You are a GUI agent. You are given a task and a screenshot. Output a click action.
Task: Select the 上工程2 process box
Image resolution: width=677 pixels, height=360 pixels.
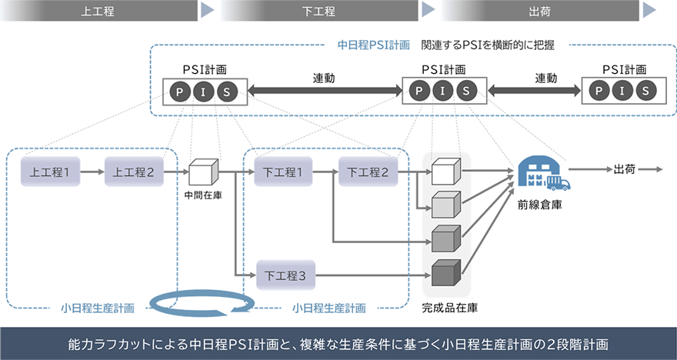point(135,172)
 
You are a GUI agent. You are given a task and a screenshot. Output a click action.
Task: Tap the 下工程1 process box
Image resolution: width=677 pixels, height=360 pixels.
point(282,172)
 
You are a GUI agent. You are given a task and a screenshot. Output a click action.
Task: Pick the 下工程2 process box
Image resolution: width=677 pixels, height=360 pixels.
point(368,172)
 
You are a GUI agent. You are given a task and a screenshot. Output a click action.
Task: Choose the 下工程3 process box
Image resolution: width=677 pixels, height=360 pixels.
point(286,273)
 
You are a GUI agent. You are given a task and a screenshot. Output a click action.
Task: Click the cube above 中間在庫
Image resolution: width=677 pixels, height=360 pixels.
point(203,172)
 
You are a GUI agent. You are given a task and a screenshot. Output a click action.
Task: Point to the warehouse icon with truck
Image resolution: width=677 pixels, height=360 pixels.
point(544,175)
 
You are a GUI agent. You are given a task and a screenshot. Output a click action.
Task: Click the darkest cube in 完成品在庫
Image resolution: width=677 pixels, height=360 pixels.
point(445,273)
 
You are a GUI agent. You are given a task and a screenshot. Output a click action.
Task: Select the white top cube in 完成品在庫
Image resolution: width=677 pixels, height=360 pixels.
point(445,172)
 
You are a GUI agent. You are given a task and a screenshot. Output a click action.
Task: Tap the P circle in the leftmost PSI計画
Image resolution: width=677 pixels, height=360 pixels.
point(181,92)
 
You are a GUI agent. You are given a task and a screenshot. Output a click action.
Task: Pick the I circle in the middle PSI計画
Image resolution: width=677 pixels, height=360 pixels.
point(442,92)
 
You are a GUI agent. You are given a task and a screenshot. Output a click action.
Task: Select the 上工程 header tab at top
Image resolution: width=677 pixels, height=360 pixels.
point(100,11)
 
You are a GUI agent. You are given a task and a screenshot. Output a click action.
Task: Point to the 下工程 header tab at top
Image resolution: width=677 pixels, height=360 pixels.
point(318,11)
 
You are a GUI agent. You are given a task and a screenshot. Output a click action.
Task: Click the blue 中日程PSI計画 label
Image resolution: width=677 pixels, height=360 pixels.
point(374,45)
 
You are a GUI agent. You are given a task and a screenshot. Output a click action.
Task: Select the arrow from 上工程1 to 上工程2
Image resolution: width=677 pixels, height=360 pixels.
point(92,172)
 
